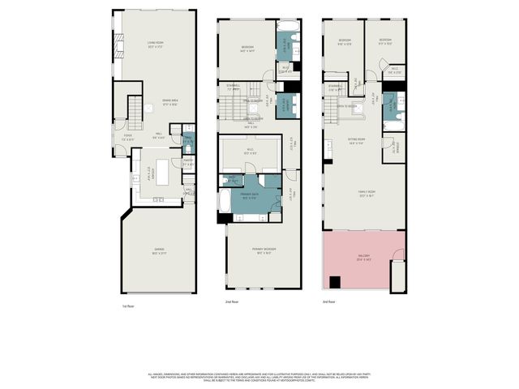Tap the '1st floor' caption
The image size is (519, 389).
click(x=127, y=306)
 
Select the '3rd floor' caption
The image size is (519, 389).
click(x=328, y=301)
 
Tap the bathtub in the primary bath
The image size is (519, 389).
click(x=224, y=201)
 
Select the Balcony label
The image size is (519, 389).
click(x=363, y=259)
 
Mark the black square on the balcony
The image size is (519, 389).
click(x=335, y=282)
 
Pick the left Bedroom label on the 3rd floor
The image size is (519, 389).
click(x=344, y=41)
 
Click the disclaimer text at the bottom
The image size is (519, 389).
click(x=259, y=378)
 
